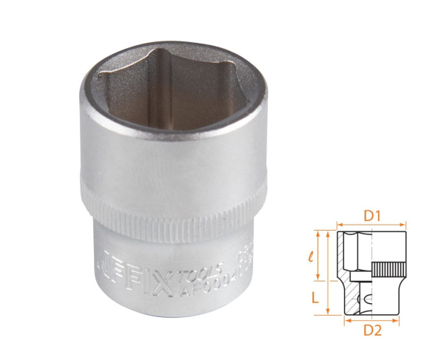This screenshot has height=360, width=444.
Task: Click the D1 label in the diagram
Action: tap(371, 216)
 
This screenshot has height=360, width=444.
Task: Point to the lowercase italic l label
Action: tap(314, 257)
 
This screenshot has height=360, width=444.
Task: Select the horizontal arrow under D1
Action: tap(371, 225)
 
